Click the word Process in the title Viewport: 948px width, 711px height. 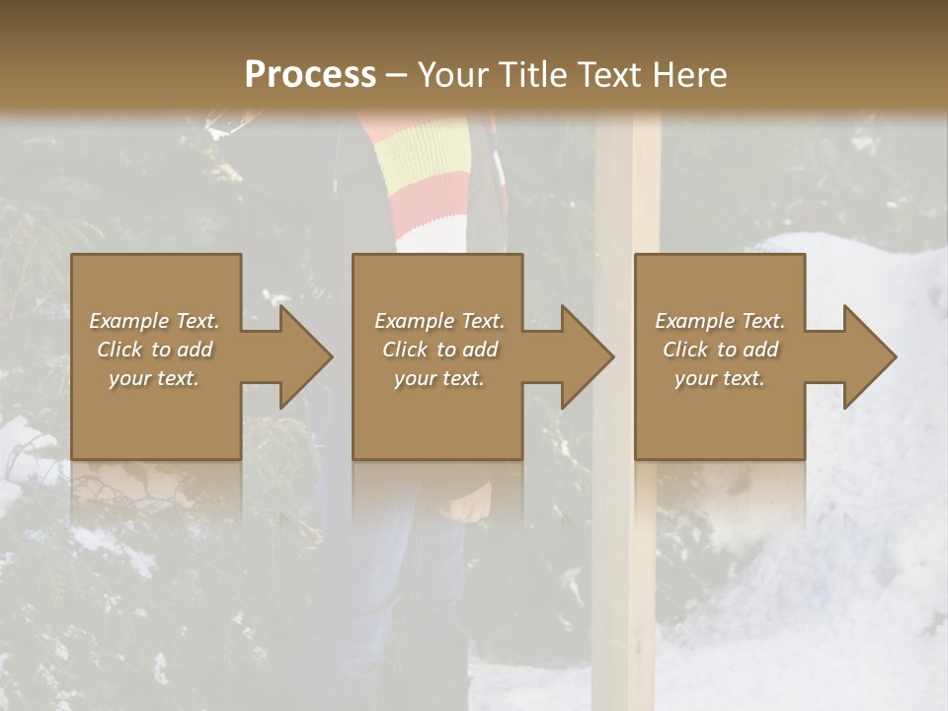pos(310,75)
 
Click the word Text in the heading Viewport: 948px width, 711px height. pos(609,75)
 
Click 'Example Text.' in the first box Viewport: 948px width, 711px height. pos(154,321)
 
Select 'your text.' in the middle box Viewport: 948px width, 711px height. pos(438,378)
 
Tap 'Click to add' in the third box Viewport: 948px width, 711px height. pos(720,350)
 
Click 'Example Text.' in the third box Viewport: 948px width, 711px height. pos(720,321)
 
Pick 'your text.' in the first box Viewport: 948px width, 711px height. pos(154,378)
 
